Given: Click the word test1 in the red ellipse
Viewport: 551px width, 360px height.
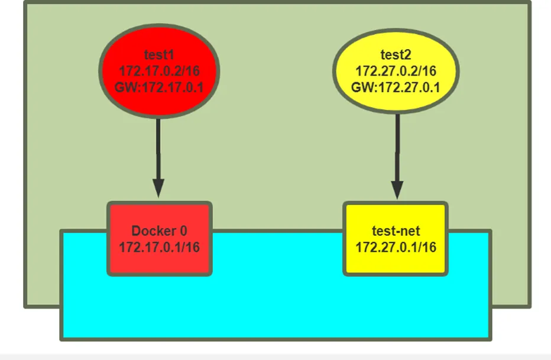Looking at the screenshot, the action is coord(159,55).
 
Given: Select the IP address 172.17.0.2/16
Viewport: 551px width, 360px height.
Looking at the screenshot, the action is coord(159,71).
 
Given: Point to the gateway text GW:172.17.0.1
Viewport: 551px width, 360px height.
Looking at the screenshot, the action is coord(159,87).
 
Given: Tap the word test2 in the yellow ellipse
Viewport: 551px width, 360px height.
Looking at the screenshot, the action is coord(396,55).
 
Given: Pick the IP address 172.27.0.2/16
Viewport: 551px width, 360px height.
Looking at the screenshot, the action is coord(396,71).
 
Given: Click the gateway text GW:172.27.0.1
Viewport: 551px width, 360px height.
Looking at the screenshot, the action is coord(396,87).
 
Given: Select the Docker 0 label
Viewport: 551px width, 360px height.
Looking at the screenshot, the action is coord(159,231).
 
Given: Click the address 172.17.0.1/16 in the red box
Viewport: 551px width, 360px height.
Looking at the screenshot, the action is coord(159,247).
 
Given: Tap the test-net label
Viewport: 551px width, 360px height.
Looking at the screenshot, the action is coord(396,231).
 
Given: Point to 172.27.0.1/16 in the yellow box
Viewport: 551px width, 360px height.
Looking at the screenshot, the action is coord(396,247).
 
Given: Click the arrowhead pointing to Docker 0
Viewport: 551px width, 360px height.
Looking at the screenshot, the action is coord(158,189).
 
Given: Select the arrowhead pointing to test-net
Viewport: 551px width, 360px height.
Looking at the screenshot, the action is coord(397,190).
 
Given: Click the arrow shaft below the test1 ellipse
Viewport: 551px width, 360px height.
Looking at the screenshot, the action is coord(158,149).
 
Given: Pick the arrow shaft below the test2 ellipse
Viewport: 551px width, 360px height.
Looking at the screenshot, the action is coord(397,148).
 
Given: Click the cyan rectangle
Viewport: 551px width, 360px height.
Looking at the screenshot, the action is coord(276,309).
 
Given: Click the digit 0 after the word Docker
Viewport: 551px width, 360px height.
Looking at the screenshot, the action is coord(183,231).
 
